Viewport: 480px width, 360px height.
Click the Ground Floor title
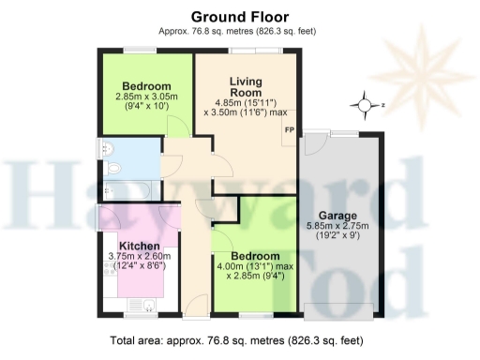pos(240,16)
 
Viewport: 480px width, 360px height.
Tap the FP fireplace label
pos(289,128)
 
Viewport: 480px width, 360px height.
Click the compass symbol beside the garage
pos(365,105)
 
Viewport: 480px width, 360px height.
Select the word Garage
pos(337,215)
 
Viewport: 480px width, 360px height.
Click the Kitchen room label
pos(140,246)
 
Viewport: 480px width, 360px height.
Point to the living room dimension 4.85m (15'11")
pos(245,102)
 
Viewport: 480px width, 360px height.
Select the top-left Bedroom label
pos(145,84)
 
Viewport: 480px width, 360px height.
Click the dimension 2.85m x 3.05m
pos(145,97)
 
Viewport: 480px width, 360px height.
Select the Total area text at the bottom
pos(239,340)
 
